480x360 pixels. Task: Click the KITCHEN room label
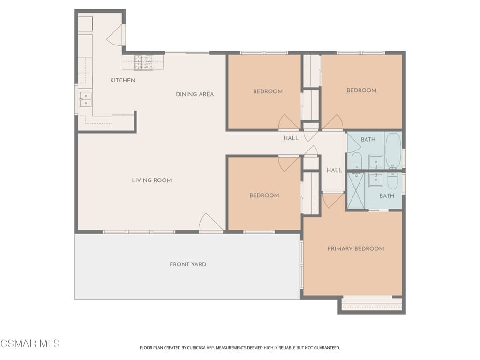click(x=122, y=81)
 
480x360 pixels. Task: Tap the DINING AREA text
click(x=195, y=94)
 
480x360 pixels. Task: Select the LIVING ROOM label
click(x=151, y=180)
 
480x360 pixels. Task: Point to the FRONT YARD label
click(x=187, y=264)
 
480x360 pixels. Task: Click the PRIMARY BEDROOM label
click(x=355, y=249)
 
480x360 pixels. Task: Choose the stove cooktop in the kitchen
click(x=143, y=62)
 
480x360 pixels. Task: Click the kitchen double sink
click(x=85, y=100)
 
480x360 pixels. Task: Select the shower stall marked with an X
click(x=355, y=190)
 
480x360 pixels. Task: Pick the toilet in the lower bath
click(x=392, y=180)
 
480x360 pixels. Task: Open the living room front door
click(x=210, y=223)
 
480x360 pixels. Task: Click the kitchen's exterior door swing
click(x=117, y=36)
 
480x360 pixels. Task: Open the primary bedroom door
click(x=332, y=200)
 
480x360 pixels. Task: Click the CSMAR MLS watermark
click(x=30, y=344)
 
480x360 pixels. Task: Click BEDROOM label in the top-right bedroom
click(x=361, y=90)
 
